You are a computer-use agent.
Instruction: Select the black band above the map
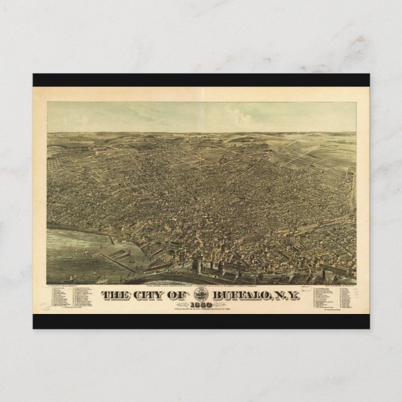(201, 80)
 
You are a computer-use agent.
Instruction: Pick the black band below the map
(201, 321)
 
